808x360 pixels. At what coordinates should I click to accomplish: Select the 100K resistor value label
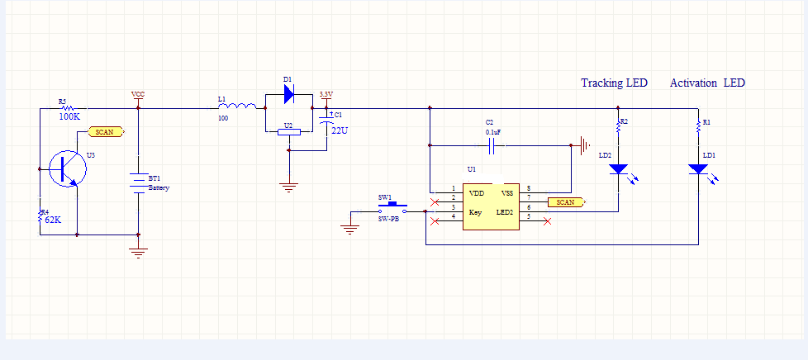pyautogui.click(x=69, y=117)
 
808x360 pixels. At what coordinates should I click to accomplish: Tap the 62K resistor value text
pyautogui.click(x=53, y=220)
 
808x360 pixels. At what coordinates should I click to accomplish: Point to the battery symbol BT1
pyautogui.click(x=137, y=180)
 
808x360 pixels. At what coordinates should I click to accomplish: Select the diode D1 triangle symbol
pyautogui.click(x=288, y=94)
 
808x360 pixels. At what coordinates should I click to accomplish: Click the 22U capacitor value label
pyautogui.click(x=340, y=130)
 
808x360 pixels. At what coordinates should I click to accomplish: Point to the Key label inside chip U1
pyautogui.click(x=475, y=212)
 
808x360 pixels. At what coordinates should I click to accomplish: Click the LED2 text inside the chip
pyautogui.click(x=505, y=212)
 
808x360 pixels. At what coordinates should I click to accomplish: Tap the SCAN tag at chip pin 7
pyautogui.click(x=566, y=201)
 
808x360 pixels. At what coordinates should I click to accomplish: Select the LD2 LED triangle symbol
pyautogui.click(x=618, y=169)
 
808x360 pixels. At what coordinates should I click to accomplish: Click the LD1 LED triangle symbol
pyautogui.click(x=698, y=169)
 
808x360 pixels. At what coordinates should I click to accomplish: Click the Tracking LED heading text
pyautogui.click(x=614, y=83)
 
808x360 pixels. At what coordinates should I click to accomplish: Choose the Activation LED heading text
pyautogui.click(x=707, y=83)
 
